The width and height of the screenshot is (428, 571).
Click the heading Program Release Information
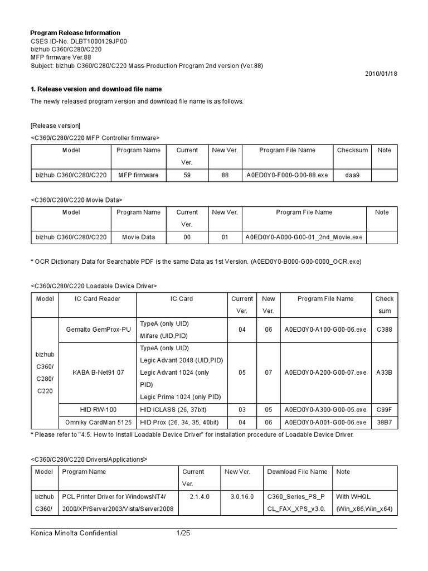(x=75, y=33)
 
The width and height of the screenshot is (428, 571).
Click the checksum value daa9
(x=352, y=175)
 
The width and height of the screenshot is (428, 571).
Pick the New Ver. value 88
(x=225, y=175)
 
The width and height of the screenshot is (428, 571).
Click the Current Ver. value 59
(x=187, y=175)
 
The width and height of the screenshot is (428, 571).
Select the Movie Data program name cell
(x=138, y=237)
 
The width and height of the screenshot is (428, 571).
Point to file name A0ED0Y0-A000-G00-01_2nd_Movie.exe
(x=303, y=237)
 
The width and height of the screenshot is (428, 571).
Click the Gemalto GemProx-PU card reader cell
(x=98, y=330)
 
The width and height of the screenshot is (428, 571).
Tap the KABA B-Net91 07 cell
(x=98, y=372)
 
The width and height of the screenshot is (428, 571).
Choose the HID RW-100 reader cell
(x=98, y=410)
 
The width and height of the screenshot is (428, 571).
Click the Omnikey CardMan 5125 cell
(x=98, y=422)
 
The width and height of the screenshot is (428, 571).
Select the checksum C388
(x=384, y=330)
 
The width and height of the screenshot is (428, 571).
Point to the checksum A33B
(x=384, y=372)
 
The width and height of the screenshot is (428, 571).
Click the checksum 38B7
(x=384, y=422)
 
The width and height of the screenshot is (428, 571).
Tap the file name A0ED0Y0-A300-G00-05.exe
(x=325, y=410)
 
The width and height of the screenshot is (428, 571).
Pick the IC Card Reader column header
(x=98, y=299)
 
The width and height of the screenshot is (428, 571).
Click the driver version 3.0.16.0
(x=238, y=496)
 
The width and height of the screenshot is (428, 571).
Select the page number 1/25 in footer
(x=183, y=534)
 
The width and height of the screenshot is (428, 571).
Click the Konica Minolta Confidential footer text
(x=74, y=534)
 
